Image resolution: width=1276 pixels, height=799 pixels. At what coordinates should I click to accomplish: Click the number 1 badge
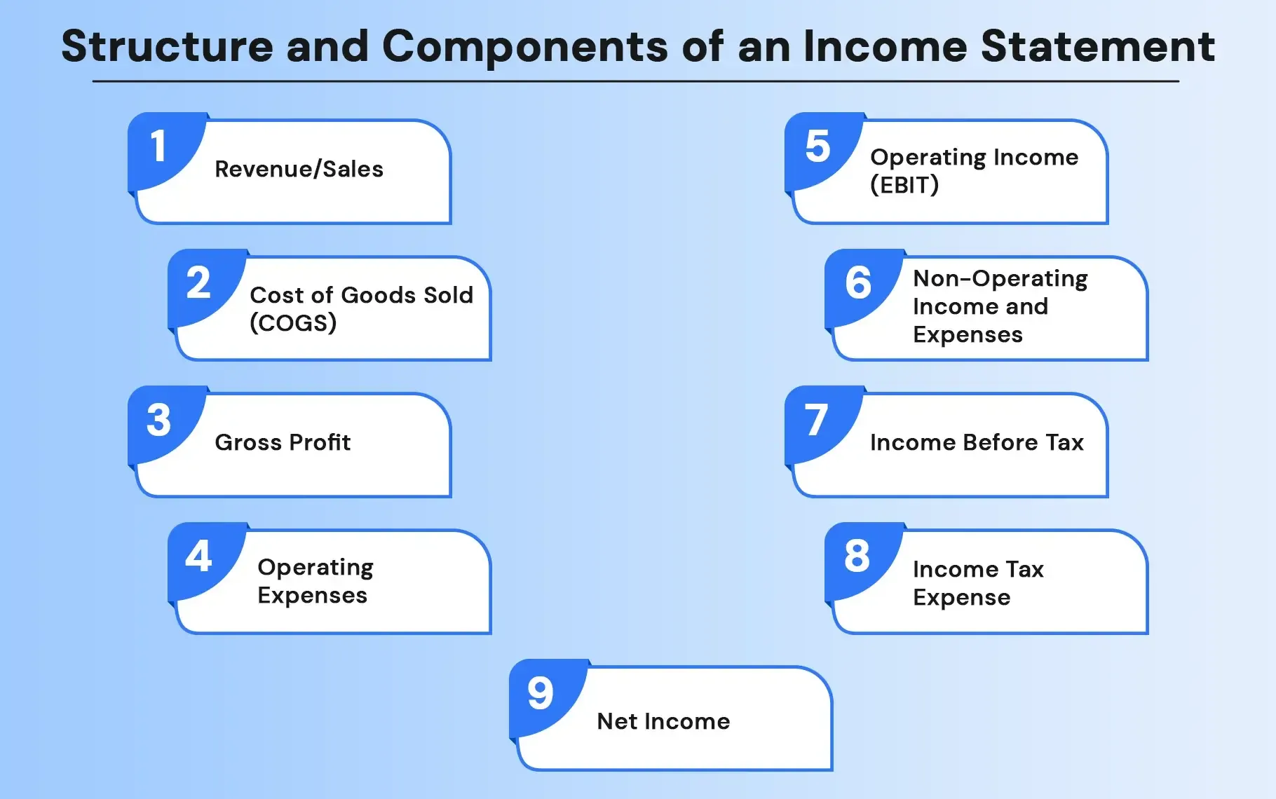click(158, 146)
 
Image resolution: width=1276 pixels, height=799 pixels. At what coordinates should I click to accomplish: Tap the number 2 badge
click(198, 283)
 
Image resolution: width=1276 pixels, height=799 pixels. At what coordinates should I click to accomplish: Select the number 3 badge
click(158, 420)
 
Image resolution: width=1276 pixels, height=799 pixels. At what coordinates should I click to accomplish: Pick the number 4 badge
click(198, 556)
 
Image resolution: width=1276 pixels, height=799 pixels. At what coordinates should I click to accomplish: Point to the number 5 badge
click(817, 146)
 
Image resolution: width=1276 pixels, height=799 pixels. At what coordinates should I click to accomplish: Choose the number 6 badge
click(858, 283)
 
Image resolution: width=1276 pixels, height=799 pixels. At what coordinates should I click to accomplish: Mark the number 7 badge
click(816, 420)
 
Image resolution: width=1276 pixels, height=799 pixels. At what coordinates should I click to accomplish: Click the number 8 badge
click(857, 556)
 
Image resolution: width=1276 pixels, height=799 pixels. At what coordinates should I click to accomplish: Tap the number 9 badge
click(541, 693)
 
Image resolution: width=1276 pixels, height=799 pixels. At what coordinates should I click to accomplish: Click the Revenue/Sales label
click(299, 170)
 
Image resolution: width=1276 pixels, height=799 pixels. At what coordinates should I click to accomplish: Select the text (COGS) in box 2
click(293, 323)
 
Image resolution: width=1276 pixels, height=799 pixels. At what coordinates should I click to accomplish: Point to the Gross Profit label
click(283, 443)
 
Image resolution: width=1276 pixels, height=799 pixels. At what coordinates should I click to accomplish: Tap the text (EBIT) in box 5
click(904, 185)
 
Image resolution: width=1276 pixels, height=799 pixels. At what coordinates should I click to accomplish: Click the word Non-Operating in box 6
click(1000, 279)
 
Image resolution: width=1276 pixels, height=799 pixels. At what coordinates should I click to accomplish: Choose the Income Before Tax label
click(977, 443)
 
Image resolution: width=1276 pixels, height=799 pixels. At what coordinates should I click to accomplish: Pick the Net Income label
click(663, 722)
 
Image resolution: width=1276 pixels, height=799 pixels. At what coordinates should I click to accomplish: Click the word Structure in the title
click(167, 47)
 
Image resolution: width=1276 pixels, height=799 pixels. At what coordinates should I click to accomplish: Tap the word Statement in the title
click(1097, 47)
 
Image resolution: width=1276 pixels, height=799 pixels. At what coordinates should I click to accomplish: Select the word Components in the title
click(524, 47)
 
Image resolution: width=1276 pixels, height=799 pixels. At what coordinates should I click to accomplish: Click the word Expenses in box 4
click(312, 596)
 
